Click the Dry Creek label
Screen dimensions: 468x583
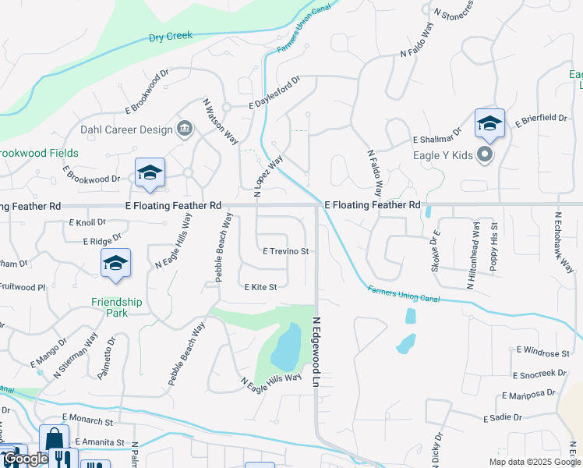[x=171, y=36]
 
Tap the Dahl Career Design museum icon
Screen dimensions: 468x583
[x=185, y=129]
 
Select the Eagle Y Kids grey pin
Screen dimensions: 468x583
[x=485, y=154]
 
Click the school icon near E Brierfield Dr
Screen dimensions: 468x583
[x=489, y=123]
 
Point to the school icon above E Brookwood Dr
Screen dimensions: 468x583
[x=150, y=173]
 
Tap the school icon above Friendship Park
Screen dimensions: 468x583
[x=115, y=263]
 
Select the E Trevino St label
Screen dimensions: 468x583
[x=286, y=252]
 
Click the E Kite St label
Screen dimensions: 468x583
[x=260, y=287]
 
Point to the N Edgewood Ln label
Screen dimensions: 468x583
[x=317, y=353]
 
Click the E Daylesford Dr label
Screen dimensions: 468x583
[x=274, y=93]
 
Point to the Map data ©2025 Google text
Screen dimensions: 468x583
[x=534, y=462]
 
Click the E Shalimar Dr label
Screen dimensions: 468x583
[x=437, y=136]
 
